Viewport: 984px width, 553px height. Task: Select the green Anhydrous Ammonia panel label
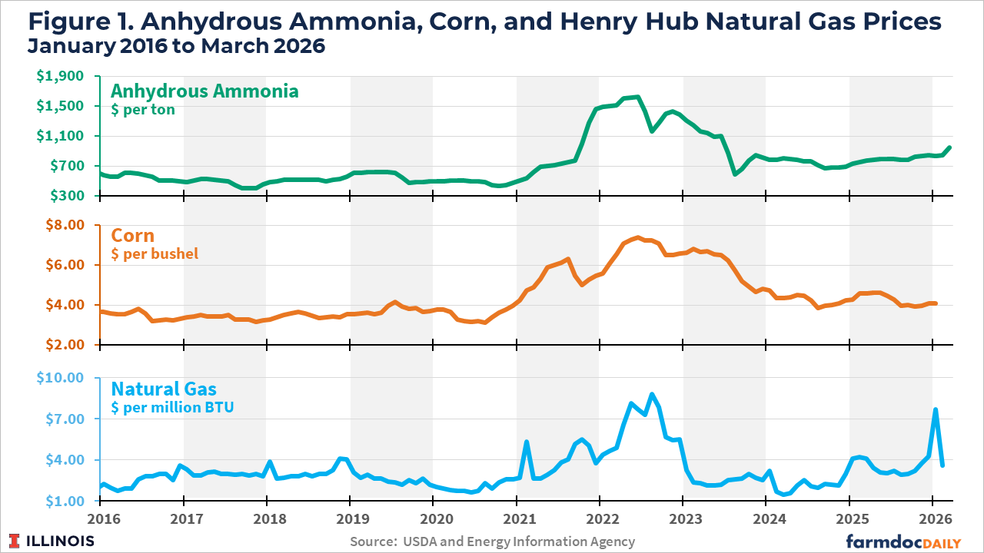204,91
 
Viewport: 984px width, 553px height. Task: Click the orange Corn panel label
133,235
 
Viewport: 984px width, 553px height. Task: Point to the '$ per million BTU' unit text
172,407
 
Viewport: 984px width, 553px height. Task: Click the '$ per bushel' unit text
155,253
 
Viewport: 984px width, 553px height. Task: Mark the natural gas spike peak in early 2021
527,442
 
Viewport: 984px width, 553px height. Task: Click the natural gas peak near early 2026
936,409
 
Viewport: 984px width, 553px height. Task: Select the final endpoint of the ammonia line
949,147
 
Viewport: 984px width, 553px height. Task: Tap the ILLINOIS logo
52,541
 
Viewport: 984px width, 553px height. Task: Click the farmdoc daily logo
903,541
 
